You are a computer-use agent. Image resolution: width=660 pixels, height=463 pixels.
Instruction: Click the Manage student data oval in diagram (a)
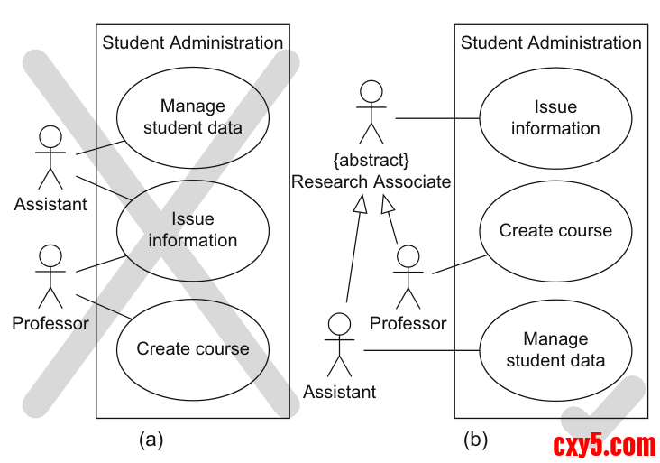pos(192,116)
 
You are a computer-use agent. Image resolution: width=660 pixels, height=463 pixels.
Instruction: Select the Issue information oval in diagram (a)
pos(192,229)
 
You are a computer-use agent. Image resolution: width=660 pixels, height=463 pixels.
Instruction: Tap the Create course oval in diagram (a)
pos(192,348)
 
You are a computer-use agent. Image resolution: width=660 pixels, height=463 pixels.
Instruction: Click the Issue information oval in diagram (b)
pos(555,117)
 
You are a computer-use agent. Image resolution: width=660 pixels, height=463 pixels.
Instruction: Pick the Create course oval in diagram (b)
pos(555,230)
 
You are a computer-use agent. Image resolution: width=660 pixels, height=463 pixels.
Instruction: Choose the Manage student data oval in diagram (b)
pos(555,350)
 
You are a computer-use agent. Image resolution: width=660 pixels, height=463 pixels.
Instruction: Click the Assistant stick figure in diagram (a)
pos(50,158)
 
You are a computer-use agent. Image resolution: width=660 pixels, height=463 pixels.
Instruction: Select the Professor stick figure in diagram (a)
pos(50,275)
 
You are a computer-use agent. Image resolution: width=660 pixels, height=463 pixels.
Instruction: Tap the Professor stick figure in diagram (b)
pos(408,275)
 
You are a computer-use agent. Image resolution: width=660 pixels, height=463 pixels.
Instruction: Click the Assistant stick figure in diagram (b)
pos(339,345)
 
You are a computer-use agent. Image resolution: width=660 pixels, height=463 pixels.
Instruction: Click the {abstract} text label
pos(371,161)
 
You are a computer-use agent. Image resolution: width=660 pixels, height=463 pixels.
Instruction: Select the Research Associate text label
pos(371,181)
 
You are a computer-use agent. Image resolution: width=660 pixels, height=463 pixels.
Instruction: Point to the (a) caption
pos(151,440)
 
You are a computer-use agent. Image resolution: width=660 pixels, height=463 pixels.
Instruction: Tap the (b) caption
pos(475,440)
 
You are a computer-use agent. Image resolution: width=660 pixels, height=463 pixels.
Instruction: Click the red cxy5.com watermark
pos(603,445)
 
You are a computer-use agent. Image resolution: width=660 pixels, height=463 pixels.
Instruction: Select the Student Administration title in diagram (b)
pos(551,42)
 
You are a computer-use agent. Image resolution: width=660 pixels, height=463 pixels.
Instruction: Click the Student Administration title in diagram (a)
pos(193,42)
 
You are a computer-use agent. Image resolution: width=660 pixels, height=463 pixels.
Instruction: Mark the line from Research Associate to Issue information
pos(436,117)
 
